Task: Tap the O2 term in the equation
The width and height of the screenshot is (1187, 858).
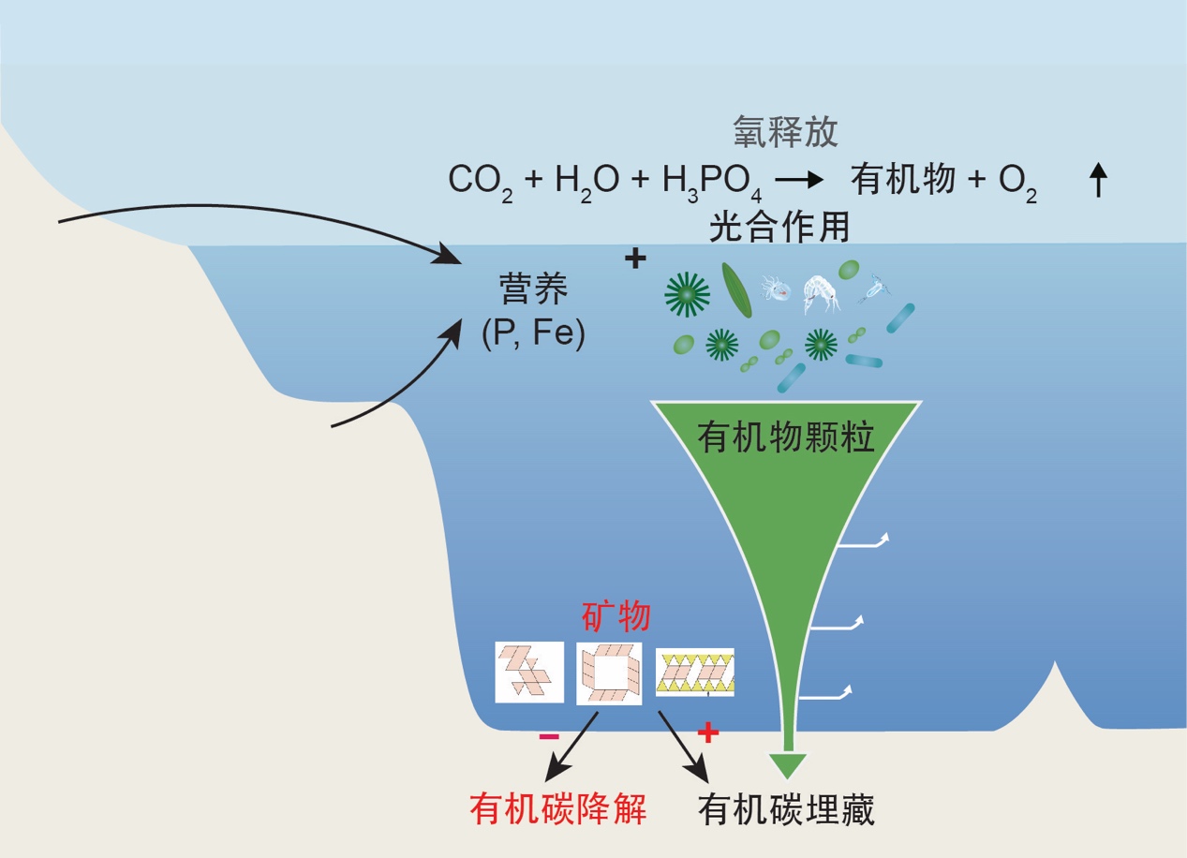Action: point(1017,182)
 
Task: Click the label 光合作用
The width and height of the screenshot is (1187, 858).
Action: point(779,227)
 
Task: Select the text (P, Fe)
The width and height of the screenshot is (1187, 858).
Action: point(533,333)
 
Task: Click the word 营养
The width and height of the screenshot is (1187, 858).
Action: point(533,291)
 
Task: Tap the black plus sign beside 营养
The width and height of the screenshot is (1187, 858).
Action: point(635,259)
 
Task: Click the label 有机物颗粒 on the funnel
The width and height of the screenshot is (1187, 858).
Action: point(786,436)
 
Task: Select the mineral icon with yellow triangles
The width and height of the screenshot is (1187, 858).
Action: point(694,672)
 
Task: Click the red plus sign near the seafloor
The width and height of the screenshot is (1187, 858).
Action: point(708,732)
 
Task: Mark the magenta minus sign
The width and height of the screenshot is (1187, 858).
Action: point(549,736)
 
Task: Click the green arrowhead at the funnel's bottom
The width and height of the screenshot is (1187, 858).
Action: point(787,765)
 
